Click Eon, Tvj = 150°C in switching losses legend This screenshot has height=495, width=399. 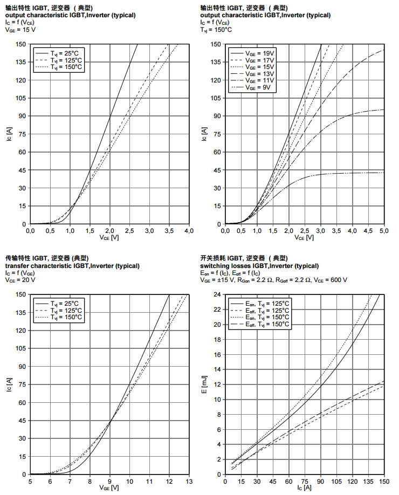click(267, 318)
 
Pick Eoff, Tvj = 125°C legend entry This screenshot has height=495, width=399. click(267, 311)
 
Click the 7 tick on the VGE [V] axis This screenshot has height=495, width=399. click(70, 481)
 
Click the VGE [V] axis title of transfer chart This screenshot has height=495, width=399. click(109, 488)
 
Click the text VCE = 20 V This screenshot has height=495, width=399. click(20, 280)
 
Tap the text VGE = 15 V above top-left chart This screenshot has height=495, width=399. click(20, 30)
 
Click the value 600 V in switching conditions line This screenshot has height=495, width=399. click(338, 280)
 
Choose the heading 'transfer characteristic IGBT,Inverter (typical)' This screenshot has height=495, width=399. click(73, 266)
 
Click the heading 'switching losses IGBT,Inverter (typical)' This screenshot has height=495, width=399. click(259, 266)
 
